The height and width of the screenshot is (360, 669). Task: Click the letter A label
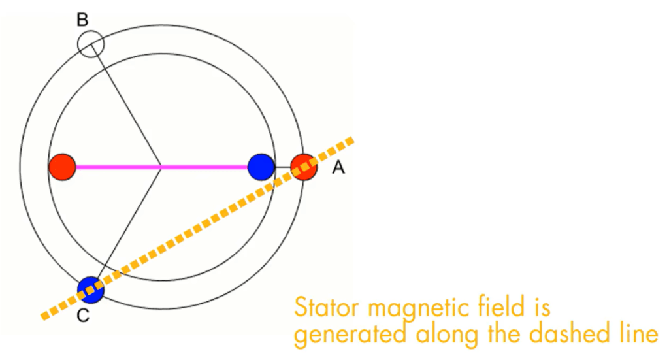pyautogui.click(x=338, y=168)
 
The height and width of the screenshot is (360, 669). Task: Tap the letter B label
pyautogui.click(x=82, y=20)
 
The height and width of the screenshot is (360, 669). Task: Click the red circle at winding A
pyautogui.click(x=304, y=167)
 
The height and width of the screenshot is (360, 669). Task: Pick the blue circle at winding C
pyautogui.click(x=91, y=289)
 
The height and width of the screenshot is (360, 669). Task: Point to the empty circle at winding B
pyautogui.click(x=91, y=44)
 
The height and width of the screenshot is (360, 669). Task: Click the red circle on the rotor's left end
pyautogui.click(x=62, y=167)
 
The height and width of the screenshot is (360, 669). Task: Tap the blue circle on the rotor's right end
pyautogui.click(x=261, y=167)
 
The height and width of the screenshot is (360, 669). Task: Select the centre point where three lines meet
pyautogui.click(x=161, y=167)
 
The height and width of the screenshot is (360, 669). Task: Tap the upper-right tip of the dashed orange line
pyautogui.click(x=351, y=139)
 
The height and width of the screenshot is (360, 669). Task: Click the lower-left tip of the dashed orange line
pyautogui.click(x=44, y=318)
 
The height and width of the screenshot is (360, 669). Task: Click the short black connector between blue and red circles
pyautogui.click(x=282, y=167)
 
